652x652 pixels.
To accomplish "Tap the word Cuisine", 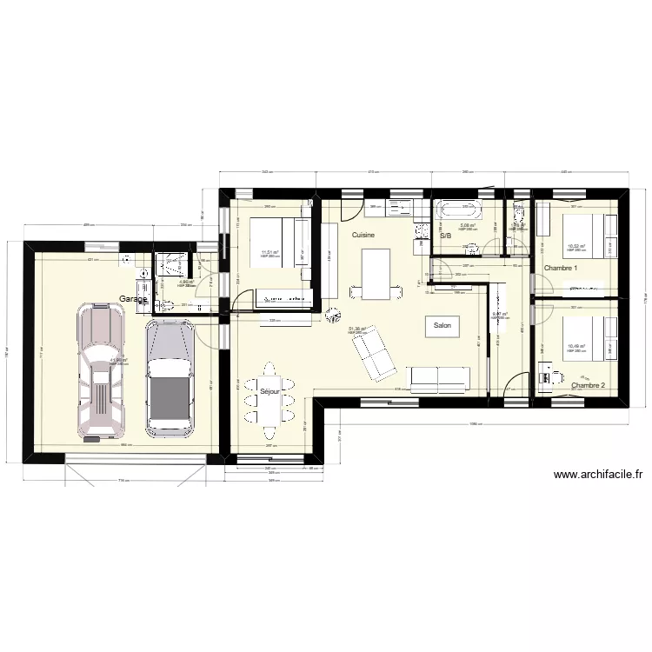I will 363,236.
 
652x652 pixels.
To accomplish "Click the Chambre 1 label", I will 561,268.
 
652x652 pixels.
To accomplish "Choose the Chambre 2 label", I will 588,384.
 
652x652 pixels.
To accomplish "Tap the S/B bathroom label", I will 445,236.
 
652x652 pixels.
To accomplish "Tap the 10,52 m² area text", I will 575,246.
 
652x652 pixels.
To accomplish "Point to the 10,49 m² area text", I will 575,345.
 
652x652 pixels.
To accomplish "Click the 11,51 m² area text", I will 270,254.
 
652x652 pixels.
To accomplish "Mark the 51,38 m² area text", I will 357,329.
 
